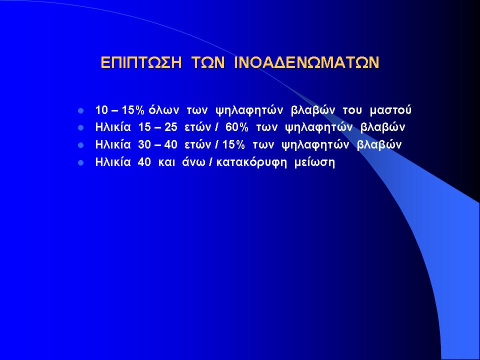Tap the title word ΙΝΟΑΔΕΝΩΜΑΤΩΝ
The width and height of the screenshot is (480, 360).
pos(306,63)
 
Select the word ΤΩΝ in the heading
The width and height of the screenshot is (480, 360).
pos(208,63)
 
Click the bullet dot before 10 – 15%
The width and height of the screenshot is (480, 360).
pos(81,111)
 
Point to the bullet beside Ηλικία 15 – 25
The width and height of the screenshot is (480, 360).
pos(81,128)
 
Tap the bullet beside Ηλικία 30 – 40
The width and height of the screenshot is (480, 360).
pos(81,145)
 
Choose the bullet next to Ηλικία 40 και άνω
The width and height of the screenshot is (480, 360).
pos(81,163)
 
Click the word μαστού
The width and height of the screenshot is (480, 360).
pos(390,110)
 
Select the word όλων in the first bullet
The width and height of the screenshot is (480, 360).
pos(164,110)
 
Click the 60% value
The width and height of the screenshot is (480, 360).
pos(236,127)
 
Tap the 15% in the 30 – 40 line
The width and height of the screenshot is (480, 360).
pos(233,145)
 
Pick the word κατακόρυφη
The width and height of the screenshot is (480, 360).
pos(251,162)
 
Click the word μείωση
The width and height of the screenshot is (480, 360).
pos(314,162)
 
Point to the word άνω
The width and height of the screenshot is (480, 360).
pos(194,162)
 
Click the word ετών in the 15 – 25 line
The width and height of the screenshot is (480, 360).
pos(198,127)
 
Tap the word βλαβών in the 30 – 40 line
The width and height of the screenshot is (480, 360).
pos(379,145)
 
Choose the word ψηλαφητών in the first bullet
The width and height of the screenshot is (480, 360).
pos(249,111)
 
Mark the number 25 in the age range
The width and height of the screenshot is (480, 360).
pos(171,127)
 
